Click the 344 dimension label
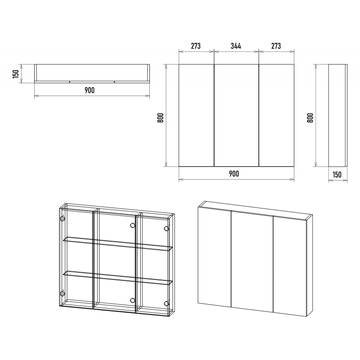pos(236,46)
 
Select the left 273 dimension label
pos(196,46)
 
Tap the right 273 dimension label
pos(276,46)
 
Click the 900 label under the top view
pos(90,90)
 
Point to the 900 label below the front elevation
pos(234,174)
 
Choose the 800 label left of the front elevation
pos(161,118)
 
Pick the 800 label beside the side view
pos(310,118)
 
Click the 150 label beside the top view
pos(16,74)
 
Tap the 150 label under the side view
pos(337,175)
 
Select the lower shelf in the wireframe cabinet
pos(117,278)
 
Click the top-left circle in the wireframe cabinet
pos(62,218)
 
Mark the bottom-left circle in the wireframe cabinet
pos(62,293)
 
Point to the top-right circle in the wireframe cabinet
pos(166,229)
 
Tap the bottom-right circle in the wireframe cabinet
pos(166,303)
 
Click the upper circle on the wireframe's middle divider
pos(132,225)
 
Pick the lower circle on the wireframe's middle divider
pos(132,300)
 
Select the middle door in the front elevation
pos(237,115)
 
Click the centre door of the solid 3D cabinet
pos(252,261)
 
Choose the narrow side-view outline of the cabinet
pos(338,115)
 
